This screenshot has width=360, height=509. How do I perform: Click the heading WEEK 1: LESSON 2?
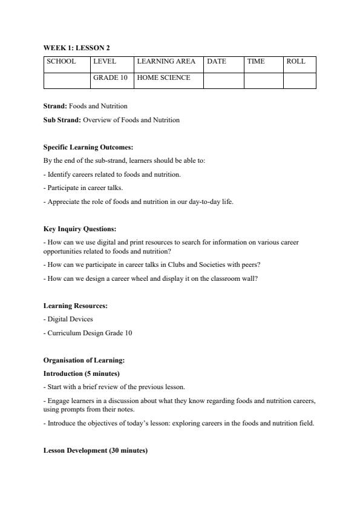tap(76, 47)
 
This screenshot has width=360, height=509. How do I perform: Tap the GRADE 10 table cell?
tap(110, 78)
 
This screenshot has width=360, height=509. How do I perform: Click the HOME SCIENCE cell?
tap(163, 78)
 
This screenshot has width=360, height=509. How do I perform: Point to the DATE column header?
tap(217, 62)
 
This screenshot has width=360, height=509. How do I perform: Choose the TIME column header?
tap(256, 62)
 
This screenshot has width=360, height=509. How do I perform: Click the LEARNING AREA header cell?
tap(166, 62)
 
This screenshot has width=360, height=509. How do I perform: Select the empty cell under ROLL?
tap(299, 80)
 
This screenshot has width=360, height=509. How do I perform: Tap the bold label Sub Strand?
tap(62, 120)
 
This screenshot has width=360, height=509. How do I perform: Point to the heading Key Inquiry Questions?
tap(80, 229)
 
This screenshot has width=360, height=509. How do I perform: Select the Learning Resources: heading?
tap(75, 306)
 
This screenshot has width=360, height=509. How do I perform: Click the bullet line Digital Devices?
tap(68, 319)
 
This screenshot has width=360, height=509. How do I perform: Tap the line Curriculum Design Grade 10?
tap(88, 333)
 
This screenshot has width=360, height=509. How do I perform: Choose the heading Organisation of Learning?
tap(83, 360)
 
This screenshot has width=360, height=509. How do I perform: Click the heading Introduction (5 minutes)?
tap(81, 373)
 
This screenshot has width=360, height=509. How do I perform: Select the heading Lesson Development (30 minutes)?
tap(95, 451)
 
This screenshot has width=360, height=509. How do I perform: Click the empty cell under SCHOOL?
tap(67, 80)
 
